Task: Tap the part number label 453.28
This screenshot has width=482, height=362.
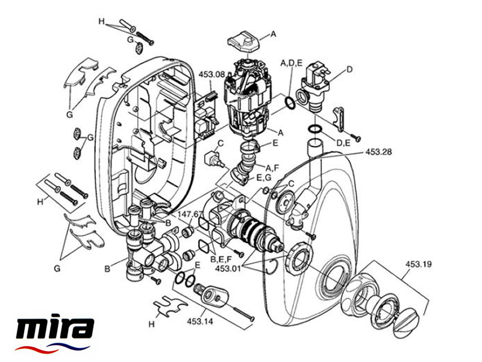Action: pos(378,153)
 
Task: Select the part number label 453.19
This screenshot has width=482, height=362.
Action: pos(418,264)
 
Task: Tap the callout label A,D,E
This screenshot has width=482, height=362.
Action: pos(292,62)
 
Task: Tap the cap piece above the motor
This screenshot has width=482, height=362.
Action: pos(243,43)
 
